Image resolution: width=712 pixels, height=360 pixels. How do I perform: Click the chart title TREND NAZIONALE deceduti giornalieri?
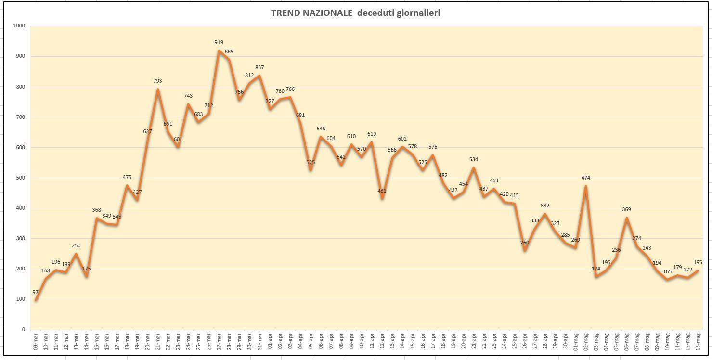[x=355, y=13]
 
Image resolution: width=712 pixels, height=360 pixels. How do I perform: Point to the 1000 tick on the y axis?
[x=19, y=26]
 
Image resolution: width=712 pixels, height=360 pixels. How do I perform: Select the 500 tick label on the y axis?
[x=20, y=178]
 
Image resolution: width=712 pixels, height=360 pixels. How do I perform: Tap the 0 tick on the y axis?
[x=23, y=329]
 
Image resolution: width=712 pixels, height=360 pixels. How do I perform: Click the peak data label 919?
[x=219, y=42]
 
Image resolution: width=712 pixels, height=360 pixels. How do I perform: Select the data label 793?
[x=157, y=81]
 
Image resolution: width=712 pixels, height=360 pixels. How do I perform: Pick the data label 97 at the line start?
[x=35, y=292]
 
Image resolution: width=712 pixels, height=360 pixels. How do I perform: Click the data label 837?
[x=259, y=67]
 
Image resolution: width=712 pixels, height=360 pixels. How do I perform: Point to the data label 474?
[x=585, y=178]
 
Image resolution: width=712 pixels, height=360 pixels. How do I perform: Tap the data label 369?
[x=626, y=209]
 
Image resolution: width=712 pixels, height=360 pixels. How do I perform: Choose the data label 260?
[x=524, y=243]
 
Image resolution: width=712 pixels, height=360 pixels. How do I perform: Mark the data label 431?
[x=382, y=191]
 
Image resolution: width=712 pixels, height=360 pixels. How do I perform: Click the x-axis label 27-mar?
[x=219, y=341]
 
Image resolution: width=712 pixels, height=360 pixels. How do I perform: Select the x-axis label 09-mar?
[x=36, y=341]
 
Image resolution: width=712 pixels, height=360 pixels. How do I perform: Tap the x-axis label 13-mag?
[x=698, y=341]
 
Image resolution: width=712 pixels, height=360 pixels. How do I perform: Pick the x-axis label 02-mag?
[x=586, y=341]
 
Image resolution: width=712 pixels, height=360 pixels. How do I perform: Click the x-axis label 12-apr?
[x=382, y=341]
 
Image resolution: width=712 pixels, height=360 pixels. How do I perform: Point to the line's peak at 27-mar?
[x=219, y=51]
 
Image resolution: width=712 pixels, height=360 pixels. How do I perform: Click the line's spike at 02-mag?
[x=585, y=186]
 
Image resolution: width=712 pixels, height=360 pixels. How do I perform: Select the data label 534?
[x=474, y=159]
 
